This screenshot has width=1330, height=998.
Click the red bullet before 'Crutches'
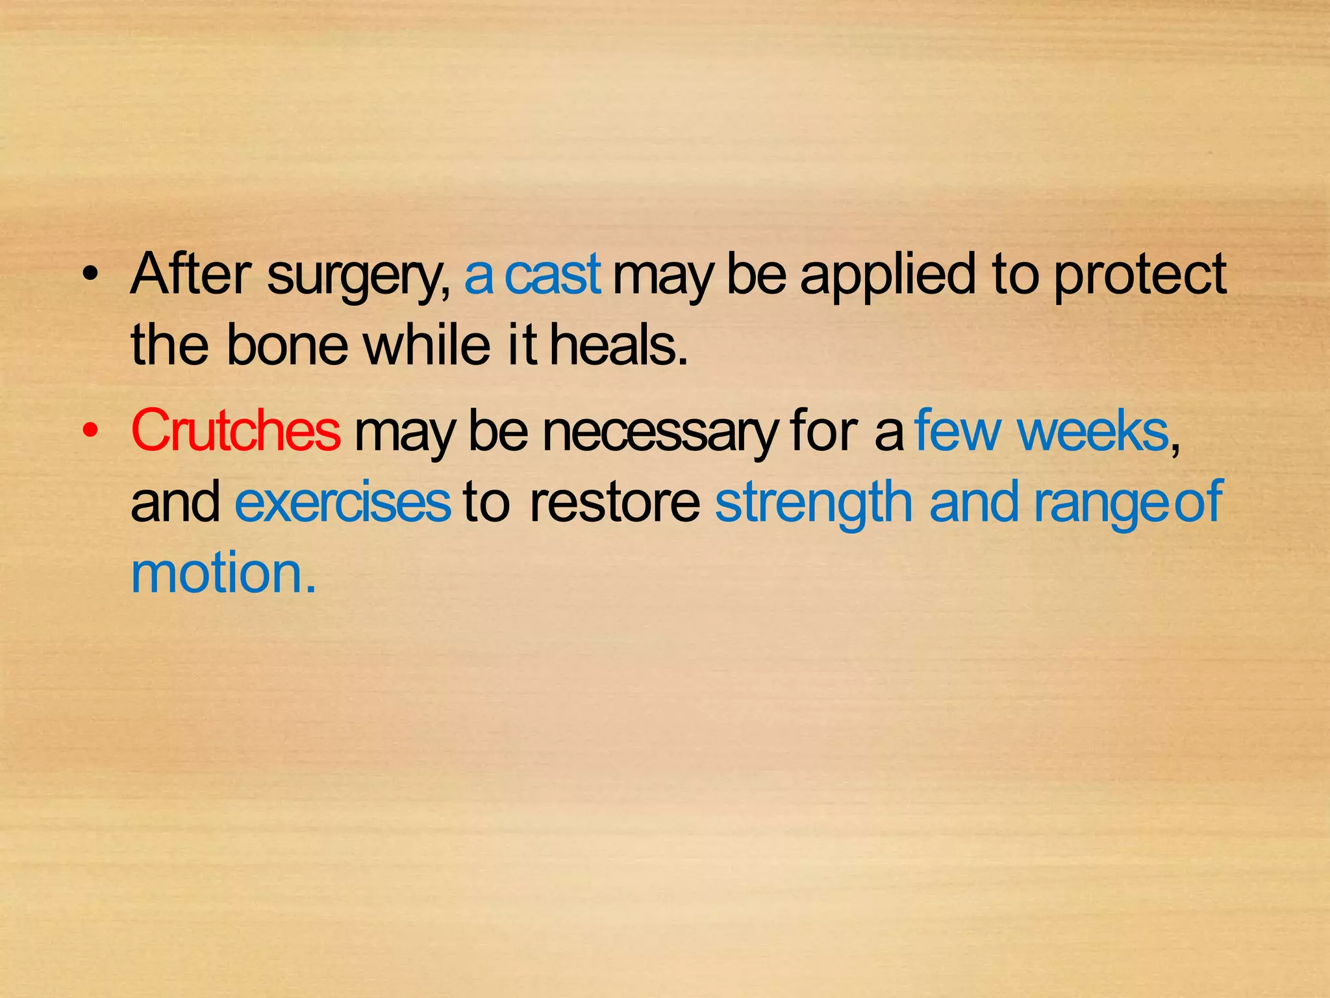(x=91, y=431)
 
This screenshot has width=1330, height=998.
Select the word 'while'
(x=427, y=345)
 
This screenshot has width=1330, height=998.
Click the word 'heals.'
(x=619, y=345)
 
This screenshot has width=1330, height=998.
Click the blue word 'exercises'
(x=343, y=502)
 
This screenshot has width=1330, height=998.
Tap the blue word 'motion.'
(x=223, y=573)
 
